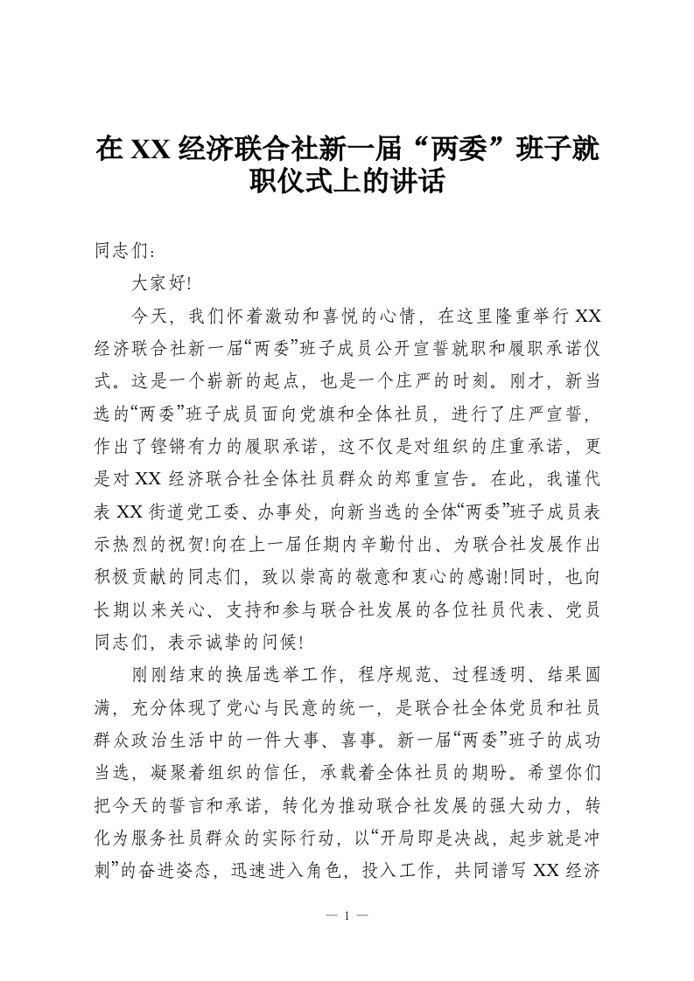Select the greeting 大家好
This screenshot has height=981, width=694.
coord(158,283)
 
